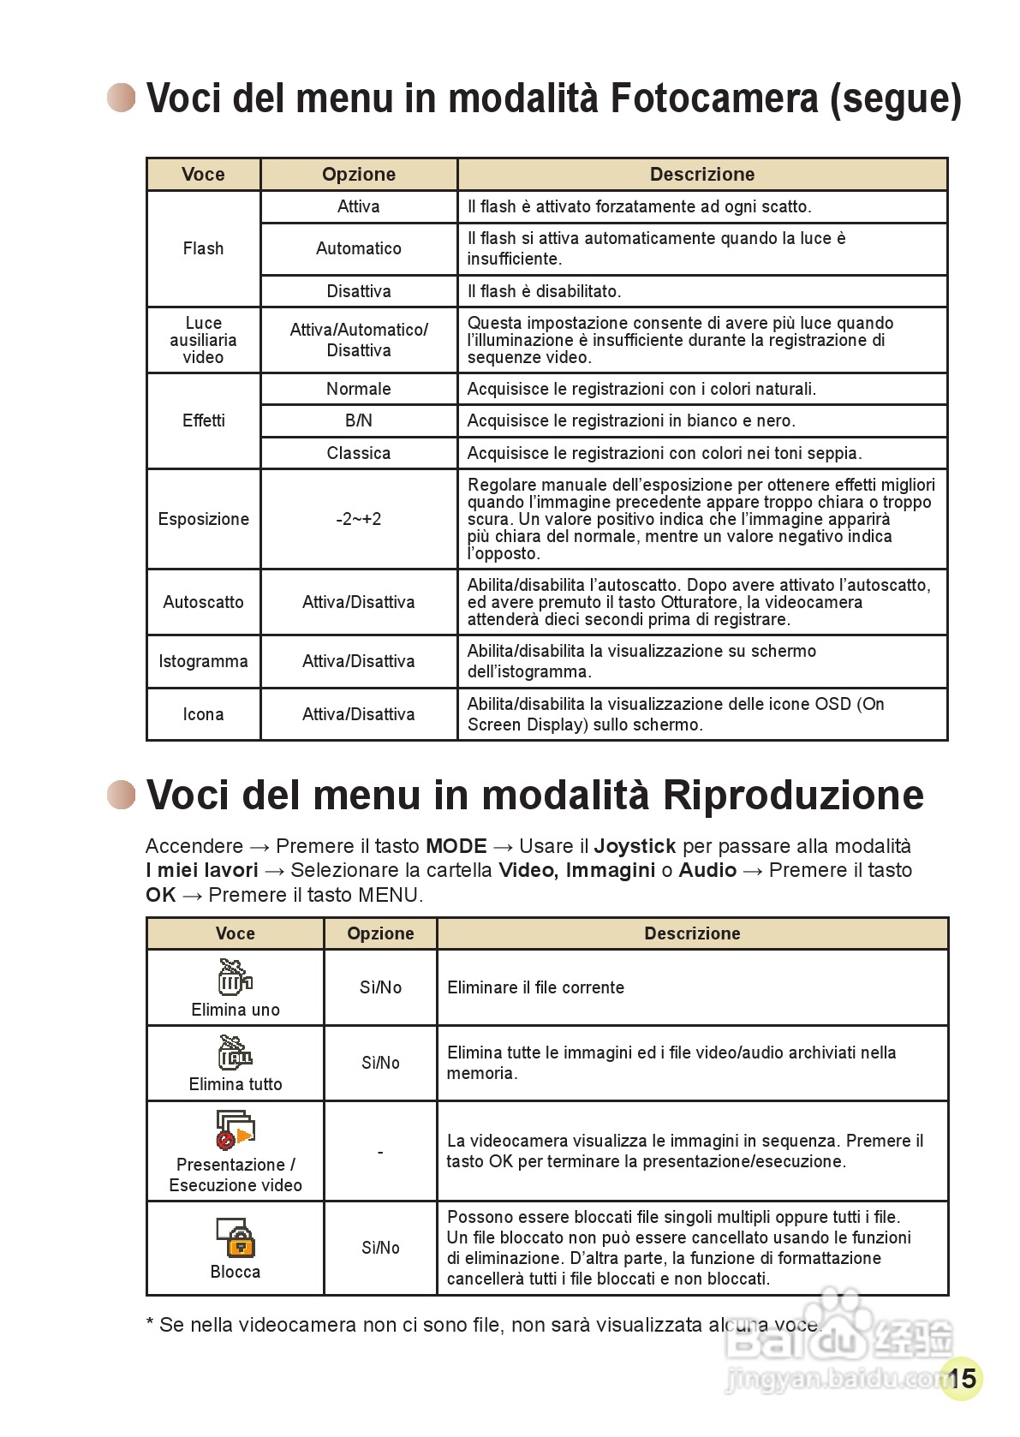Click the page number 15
pyautogui.click(x=962, y=1378)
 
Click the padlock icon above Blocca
pyautogui.click(x=236, y=1237)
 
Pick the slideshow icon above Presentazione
pyautogui.click(x=236, y=1130)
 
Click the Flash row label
pyautogui.click(x=203, y=248)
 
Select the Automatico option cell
pyautogui.click(x=358, y=248)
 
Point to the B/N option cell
pyautogui.click(x=358, y=420)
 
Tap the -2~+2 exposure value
pyautogui.click(x=358, y=519)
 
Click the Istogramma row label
pyautogui.click(x=203, y=661)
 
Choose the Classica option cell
pyautogui.click(x=358, y=453)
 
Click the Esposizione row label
pyautogui.click(x=203, y=519)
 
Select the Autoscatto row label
pyautogui.click(x=203, y=602)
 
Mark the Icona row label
pyautogui.click(x=203, y=714)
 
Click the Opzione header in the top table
pyautogui.click(x=358, y=175)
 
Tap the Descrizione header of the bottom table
pyautogui.click(x=692, y=933)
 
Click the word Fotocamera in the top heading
pyautogui.click(x=713, y=98)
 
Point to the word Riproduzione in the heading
pyautogui.click(x=793, y=795)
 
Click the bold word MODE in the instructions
pyautogui.click(x=456, y=846)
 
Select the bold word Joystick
pyautogui.click(x=635, y=846)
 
